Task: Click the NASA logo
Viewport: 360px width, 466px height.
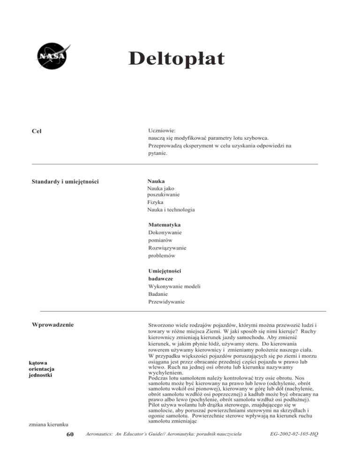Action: (52, 56)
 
